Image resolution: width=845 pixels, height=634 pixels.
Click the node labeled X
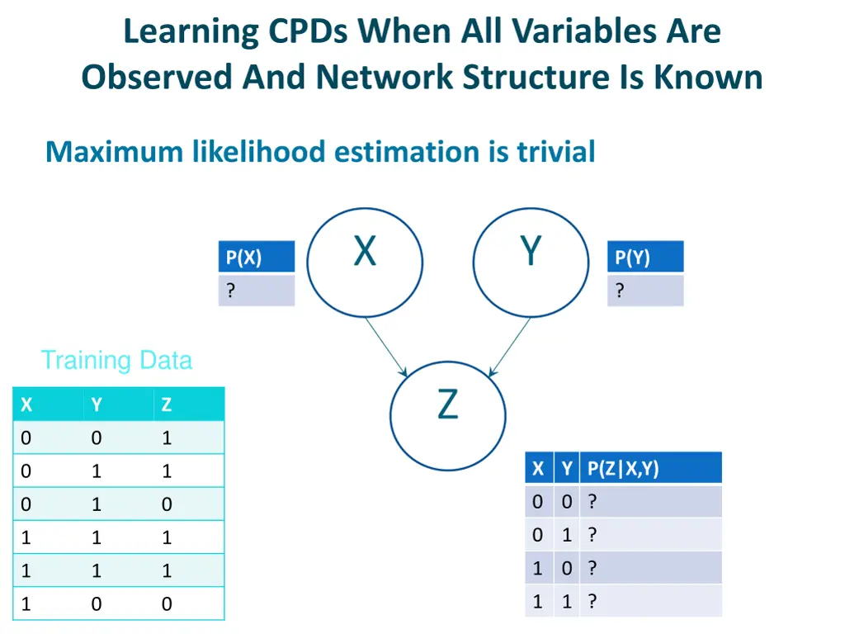[365, 263]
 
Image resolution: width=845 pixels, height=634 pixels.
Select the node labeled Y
[531, 263]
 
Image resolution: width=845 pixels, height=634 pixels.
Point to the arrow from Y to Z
[510, 348]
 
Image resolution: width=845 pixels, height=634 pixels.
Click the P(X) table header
[257, 258]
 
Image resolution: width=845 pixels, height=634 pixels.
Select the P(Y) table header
[646, 258]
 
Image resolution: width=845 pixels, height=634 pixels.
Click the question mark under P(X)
[231, 291]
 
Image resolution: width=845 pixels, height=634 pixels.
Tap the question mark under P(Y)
[620, 291]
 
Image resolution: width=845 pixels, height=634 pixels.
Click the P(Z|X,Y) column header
[623, 469]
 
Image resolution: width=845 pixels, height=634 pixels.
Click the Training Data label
[116, 361]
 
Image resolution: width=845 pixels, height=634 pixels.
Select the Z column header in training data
[167, 405]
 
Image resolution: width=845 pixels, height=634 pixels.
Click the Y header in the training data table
[97, 405]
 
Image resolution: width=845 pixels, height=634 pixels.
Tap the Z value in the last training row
[167, 604]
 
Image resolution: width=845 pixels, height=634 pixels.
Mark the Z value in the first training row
[167, 438]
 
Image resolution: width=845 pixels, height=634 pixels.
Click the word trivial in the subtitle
[555, 152]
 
